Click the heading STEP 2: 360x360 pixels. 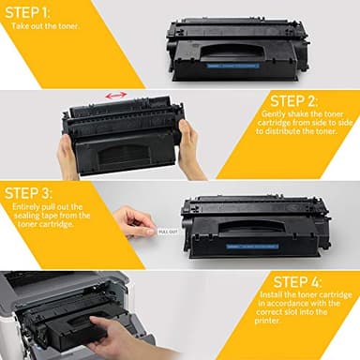[x=292, y=100]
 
